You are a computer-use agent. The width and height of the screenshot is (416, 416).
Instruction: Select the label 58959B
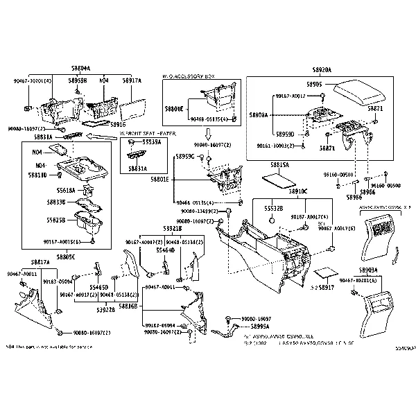pos(78,80)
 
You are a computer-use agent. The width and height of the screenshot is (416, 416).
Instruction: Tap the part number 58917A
pos(130,80)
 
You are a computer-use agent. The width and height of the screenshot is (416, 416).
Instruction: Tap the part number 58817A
pos(40,263)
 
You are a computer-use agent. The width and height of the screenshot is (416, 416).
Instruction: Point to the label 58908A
pos(259,115)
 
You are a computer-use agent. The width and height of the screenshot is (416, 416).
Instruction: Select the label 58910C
pos(298,190)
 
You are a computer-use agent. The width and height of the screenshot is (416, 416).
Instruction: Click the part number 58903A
pos(368,269)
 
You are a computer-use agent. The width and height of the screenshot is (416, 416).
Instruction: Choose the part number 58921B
pos(172,228)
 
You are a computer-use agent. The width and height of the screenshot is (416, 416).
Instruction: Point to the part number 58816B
pos(128,304)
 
